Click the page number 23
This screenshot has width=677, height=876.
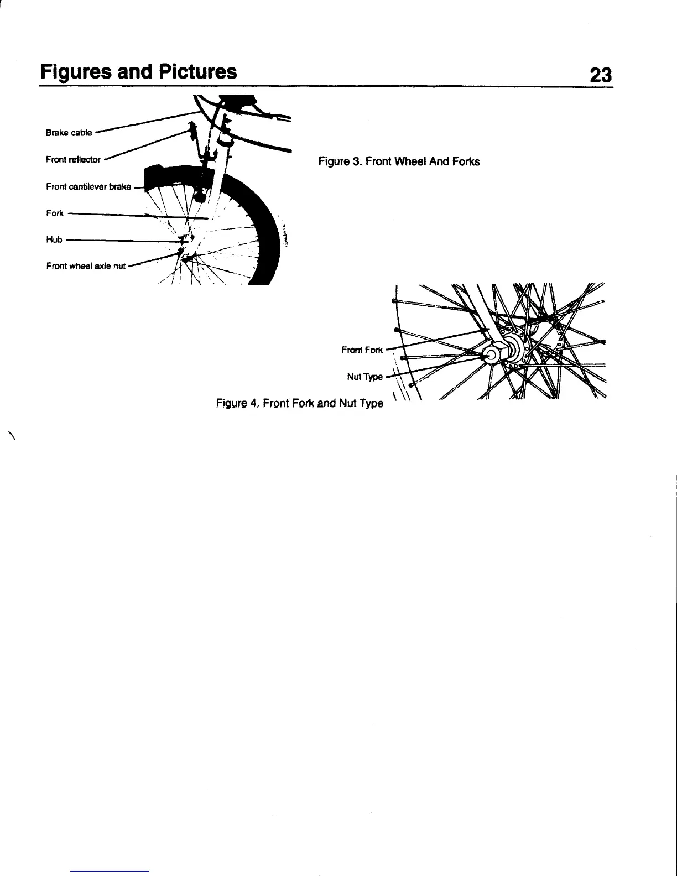(601, 74)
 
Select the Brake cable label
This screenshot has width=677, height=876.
(69, 133)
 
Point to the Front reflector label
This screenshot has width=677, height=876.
(73, 160)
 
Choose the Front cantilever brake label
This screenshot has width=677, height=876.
(88, 187)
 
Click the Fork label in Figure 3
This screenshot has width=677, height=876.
(55, 213)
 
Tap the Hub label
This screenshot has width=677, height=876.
(54, 240)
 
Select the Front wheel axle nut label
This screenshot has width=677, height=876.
(86, 266)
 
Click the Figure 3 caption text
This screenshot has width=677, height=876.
(398, 161)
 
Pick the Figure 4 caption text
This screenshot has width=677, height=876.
(299, 403)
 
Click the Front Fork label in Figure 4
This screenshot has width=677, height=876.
(362, 350)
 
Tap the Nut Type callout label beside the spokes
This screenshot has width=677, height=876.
(364, 377)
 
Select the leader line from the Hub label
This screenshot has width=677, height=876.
(122, 241)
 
